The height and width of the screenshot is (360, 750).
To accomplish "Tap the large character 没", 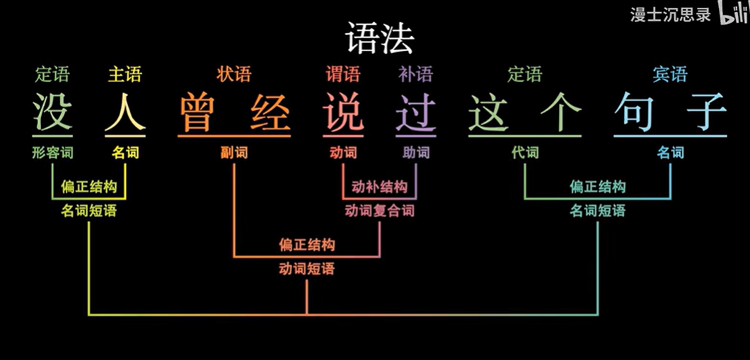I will [x=52, y=112].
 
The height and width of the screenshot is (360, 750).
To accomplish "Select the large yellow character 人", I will [x=125, y=112].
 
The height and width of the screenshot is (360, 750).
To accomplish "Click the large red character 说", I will [x=343, y=112].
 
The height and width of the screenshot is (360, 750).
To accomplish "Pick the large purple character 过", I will [x=416, y=112].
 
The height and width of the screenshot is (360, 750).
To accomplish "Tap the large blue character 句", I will [x=635, y=112].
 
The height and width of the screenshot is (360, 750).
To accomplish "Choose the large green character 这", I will [x=489, y=112].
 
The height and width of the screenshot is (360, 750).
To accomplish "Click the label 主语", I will [x=125, y=74].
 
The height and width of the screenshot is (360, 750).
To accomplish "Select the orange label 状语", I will [x=234, y=74].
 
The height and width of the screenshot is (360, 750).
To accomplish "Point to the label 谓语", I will [x=343, y=74].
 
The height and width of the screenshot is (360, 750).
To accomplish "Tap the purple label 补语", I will [x=416, y=74].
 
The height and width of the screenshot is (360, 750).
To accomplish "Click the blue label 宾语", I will [x=670, y=74].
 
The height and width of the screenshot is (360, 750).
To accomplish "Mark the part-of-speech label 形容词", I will [x=52, y=152].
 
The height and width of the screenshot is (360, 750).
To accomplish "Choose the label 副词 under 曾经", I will [x=234, y=152].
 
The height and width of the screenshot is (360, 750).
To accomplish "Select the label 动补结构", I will [x=380, y=187].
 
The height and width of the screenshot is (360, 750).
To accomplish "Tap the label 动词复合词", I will [x=380, y=211].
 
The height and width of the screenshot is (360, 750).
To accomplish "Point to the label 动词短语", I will [x=306, y=269].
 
